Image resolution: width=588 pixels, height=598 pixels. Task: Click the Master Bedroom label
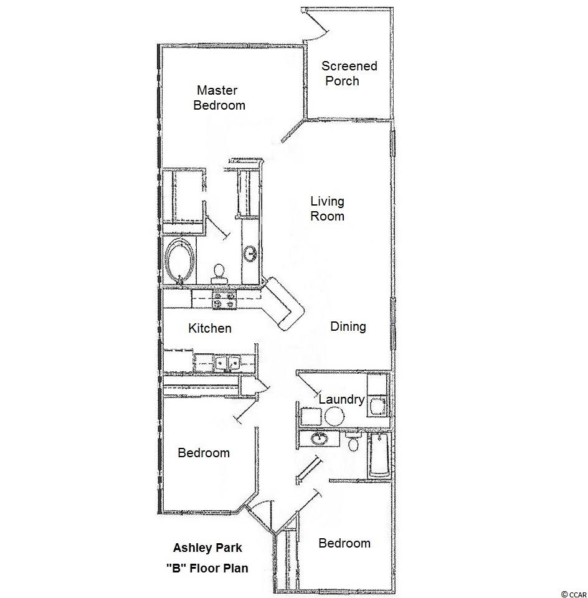[219, 98]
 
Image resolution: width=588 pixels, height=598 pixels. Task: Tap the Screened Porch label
[349, 74]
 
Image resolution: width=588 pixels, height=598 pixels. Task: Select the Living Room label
[327, 209]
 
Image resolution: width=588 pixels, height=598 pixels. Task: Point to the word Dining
[348, 326]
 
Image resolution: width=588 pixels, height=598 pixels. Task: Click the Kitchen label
[210, 328]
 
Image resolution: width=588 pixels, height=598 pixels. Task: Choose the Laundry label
[342, 399]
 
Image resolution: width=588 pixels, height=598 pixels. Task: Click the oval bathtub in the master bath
[181, 261]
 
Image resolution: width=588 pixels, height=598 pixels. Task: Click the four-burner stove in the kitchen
[224, 298]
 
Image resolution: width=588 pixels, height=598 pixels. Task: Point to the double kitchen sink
[227, 363]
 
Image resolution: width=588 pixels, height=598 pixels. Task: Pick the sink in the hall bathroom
[318, 438]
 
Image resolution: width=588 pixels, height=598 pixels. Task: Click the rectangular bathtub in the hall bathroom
[379, 455]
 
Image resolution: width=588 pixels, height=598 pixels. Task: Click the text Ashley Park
[207, 548]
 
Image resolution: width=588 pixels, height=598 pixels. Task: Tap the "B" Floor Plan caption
[207, 568]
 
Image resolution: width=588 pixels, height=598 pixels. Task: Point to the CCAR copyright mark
[574, 594]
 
